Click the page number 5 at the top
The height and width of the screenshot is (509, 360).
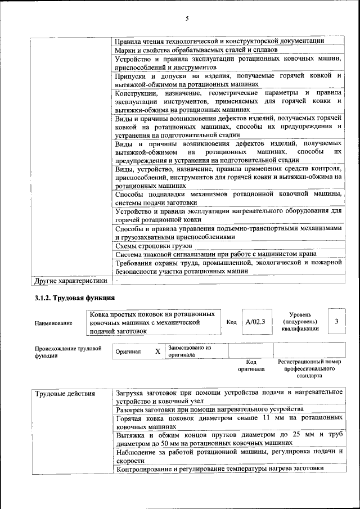(186, 19)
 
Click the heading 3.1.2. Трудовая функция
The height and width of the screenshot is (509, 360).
(74, 297)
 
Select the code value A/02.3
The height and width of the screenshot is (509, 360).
(255, 322)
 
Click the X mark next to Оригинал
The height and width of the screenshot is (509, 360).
(157, 352)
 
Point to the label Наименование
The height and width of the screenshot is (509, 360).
(53, 323)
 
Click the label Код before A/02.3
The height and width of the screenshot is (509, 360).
(231, 322)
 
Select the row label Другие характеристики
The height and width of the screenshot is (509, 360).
(70, 280)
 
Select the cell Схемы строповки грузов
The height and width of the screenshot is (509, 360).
(154, 246)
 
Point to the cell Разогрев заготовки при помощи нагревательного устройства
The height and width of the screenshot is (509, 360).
(209, 409)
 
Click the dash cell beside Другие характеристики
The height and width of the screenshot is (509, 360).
(117, 280)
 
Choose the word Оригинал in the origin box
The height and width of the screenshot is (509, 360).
(128, 352)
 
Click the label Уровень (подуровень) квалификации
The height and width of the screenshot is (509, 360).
(301, 322)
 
